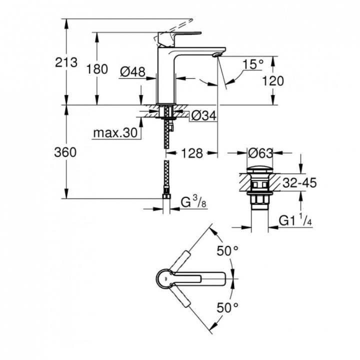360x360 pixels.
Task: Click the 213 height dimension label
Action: (x=66, y=62)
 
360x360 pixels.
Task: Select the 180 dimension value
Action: (x=97, y=69)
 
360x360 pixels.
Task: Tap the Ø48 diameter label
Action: (x=132, y=72)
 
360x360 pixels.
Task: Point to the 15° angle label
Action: (x=252, y=64)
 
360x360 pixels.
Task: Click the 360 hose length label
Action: (x=65, y=152)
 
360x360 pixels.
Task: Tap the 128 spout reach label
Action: (x=192, y=154)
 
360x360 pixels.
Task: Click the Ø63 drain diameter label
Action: (x=260, y=153)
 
